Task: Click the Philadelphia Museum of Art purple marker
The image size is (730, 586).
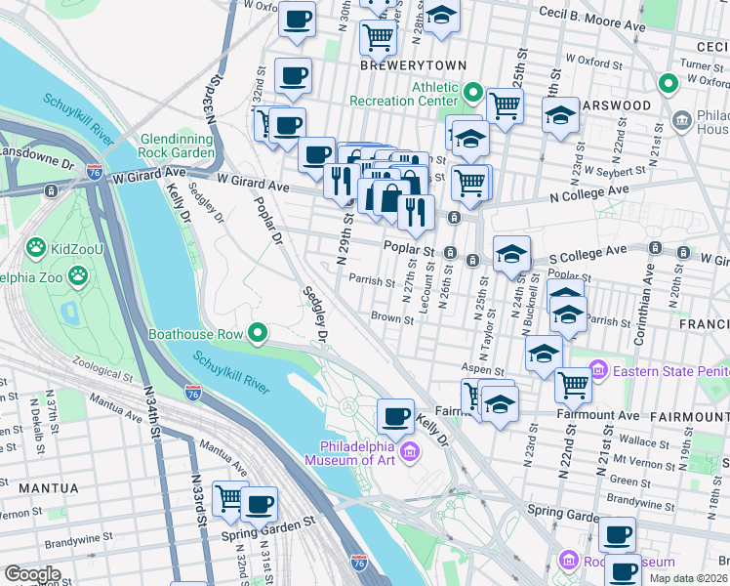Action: point(410,449)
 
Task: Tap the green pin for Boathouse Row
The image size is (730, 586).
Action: point(258,334)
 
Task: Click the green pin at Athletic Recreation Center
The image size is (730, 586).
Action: point(473,93)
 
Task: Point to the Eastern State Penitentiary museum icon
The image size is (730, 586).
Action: point(596,370)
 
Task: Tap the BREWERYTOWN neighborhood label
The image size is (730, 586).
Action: point(407,65)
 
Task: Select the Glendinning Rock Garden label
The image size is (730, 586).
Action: point(177,146)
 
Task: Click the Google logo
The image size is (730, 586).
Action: point(33,573)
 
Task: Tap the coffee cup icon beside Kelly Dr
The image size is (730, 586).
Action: point(395,417)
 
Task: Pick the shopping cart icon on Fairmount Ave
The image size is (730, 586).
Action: point(573,385)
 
